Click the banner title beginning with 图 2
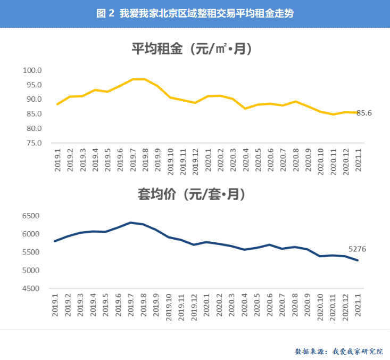195,13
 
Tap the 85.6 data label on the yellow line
364,113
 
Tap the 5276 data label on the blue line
357,249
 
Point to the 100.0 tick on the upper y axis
32,70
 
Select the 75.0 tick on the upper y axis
32,143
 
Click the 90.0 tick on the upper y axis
32,100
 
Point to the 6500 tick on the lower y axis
31,216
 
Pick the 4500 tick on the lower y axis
31,289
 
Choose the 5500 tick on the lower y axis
31,252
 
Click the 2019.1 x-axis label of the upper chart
57,159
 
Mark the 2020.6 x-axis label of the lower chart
270,305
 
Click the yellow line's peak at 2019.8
145,79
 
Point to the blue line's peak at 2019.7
131,223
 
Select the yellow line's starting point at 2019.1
57,104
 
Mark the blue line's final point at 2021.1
358,260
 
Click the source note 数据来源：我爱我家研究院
338,351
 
